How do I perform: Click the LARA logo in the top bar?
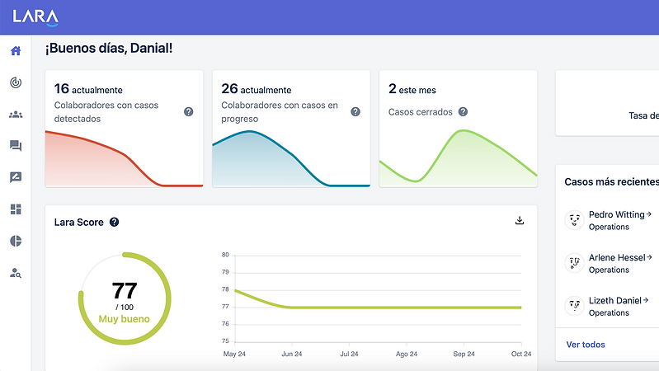tap(35, 16)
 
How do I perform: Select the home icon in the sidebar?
tap(16, 51)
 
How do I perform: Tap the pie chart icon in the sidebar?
tap(16, 241)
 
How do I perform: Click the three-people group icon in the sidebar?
tap(16, 115)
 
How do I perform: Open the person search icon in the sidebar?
tap(16, 273)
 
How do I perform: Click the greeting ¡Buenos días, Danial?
tap(108, 49)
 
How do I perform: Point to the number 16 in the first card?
tap(61, 89)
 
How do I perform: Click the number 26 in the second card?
tap(229, 89)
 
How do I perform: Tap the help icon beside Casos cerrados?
tap(463, 112)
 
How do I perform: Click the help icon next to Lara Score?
tap(115, 222)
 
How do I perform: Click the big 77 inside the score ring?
tap(124, 290)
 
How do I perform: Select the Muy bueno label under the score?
tap(124, 318)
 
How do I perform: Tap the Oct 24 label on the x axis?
tap(520, 354)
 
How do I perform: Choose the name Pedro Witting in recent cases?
tap(616, 214)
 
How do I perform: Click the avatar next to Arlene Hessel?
tap(574, 263)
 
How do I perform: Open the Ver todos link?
tap(586, 344)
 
